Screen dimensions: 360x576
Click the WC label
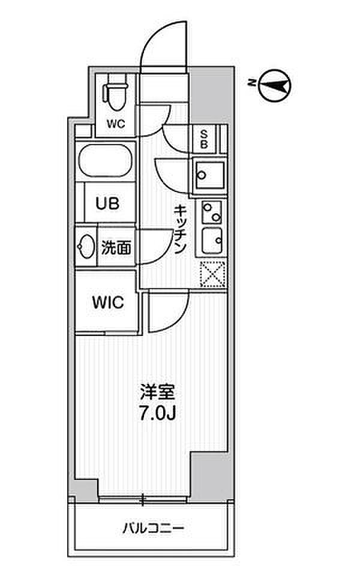tap(116, 124)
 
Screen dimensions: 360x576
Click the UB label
tap(107, 203)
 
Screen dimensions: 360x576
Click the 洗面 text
tap(116, 248)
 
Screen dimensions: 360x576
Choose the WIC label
tap(107, 302)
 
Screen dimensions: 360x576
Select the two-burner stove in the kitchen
tap(212, 212)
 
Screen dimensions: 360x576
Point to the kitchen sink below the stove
tap(212, 241)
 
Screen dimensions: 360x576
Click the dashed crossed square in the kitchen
tap(212, 274)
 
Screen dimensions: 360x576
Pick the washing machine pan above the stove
tap(210, 175)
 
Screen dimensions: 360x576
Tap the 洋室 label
tap(158, 392)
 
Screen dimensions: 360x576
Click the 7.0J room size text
tap(158, 413)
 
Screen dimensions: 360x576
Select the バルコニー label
tap(153, 528)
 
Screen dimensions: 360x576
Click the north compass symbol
tap(274, 86)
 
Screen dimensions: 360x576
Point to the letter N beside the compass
tap(251, 83)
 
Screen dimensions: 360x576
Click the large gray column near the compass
tap(211, 94)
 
